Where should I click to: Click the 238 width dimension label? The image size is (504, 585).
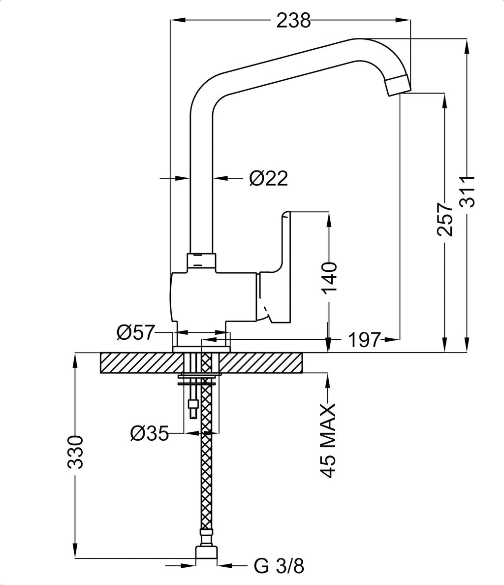tap(294, 20)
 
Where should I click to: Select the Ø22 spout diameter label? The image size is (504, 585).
tap(268, 178)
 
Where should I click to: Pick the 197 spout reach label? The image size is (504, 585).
tap(365, 339)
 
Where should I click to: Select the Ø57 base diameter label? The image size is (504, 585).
tap(135, 333)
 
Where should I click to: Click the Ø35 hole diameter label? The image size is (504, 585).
tap(149, 433)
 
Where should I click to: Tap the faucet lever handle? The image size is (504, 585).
tap(279, 266)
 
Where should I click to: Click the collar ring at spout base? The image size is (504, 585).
tap(201, 260)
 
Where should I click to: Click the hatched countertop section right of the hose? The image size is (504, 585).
tap(261, 363)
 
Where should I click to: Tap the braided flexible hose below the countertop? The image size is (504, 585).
tap(207, 468)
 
